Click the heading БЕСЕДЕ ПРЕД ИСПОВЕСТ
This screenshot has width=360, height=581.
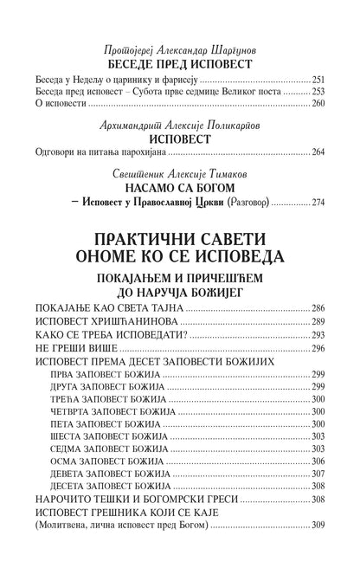pyautogui.click(x=179, y=65)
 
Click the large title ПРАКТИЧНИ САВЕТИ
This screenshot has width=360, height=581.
pyautogui.click(x=179, y=239)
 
